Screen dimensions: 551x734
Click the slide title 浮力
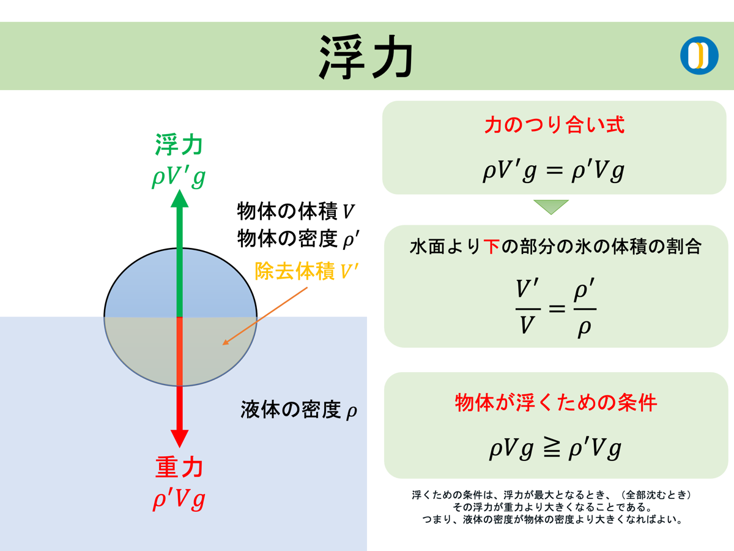(x=366, y=57)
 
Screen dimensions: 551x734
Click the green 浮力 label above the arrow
(x=179, y=146)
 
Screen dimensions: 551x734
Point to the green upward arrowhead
(x=179, y=199)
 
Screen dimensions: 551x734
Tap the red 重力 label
(x=179, y=468)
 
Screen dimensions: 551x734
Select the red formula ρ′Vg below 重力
(x=179, y=498)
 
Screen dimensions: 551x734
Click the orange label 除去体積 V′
(x=303, y=271)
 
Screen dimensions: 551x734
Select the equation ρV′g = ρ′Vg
(x=554, y=171)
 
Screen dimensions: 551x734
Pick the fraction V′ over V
(x=527, y=308)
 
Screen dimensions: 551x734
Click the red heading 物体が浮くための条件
(x=555, y=403)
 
